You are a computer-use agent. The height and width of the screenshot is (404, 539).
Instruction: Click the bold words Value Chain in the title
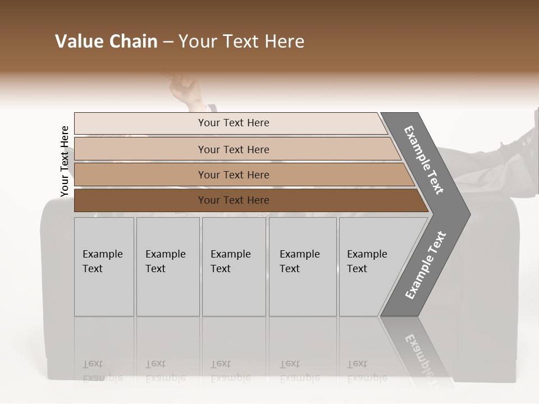106,42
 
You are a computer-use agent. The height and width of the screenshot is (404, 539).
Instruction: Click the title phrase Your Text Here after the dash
241,42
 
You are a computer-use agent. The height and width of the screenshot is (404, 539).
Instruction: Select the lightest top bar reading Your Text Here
233,123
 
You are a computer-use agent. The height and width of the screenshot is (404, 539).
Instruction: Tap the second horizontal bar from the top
233,149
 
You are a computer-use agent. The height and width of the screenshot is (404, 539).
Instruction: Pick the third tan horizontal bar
233,175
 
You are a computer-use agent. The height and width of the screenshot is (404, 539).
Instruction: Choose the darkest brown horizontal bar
233,200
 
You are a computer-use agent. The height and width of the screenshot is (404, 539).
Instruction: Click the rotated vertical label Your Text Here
65,162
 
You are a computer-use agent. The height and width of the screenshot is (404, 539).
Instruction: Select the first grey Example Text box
104,267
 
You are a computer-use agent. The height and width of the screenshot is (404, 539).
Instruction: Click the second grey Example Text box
167,267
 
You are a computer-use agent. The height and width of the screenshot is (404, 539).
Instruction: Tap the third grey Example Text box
233,267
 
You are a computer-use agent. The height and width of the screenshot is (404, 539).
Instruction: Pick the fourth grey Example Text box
302,267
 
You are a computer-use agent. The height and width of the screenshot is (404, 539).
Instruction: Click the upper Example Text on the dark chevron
424,159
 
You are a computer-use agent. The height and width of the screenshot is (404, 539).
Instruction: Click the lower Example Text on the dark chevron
425,265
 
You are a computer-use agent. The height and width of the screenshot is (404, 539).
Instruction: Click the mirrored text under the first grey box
102,371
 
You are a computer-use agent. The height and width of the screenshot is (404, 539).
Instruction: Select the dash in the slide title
168,42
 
